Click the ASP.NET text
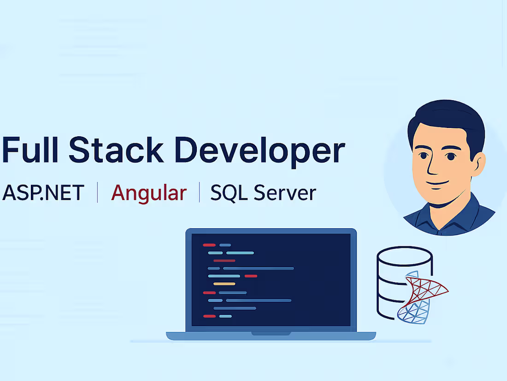[43, 193]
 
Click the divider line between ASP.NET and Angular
[98, 193]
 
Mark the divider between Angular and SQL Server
[200, 193]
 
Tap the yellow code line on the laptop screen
[224, 284]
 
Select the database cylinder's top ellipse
[404, 255]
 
